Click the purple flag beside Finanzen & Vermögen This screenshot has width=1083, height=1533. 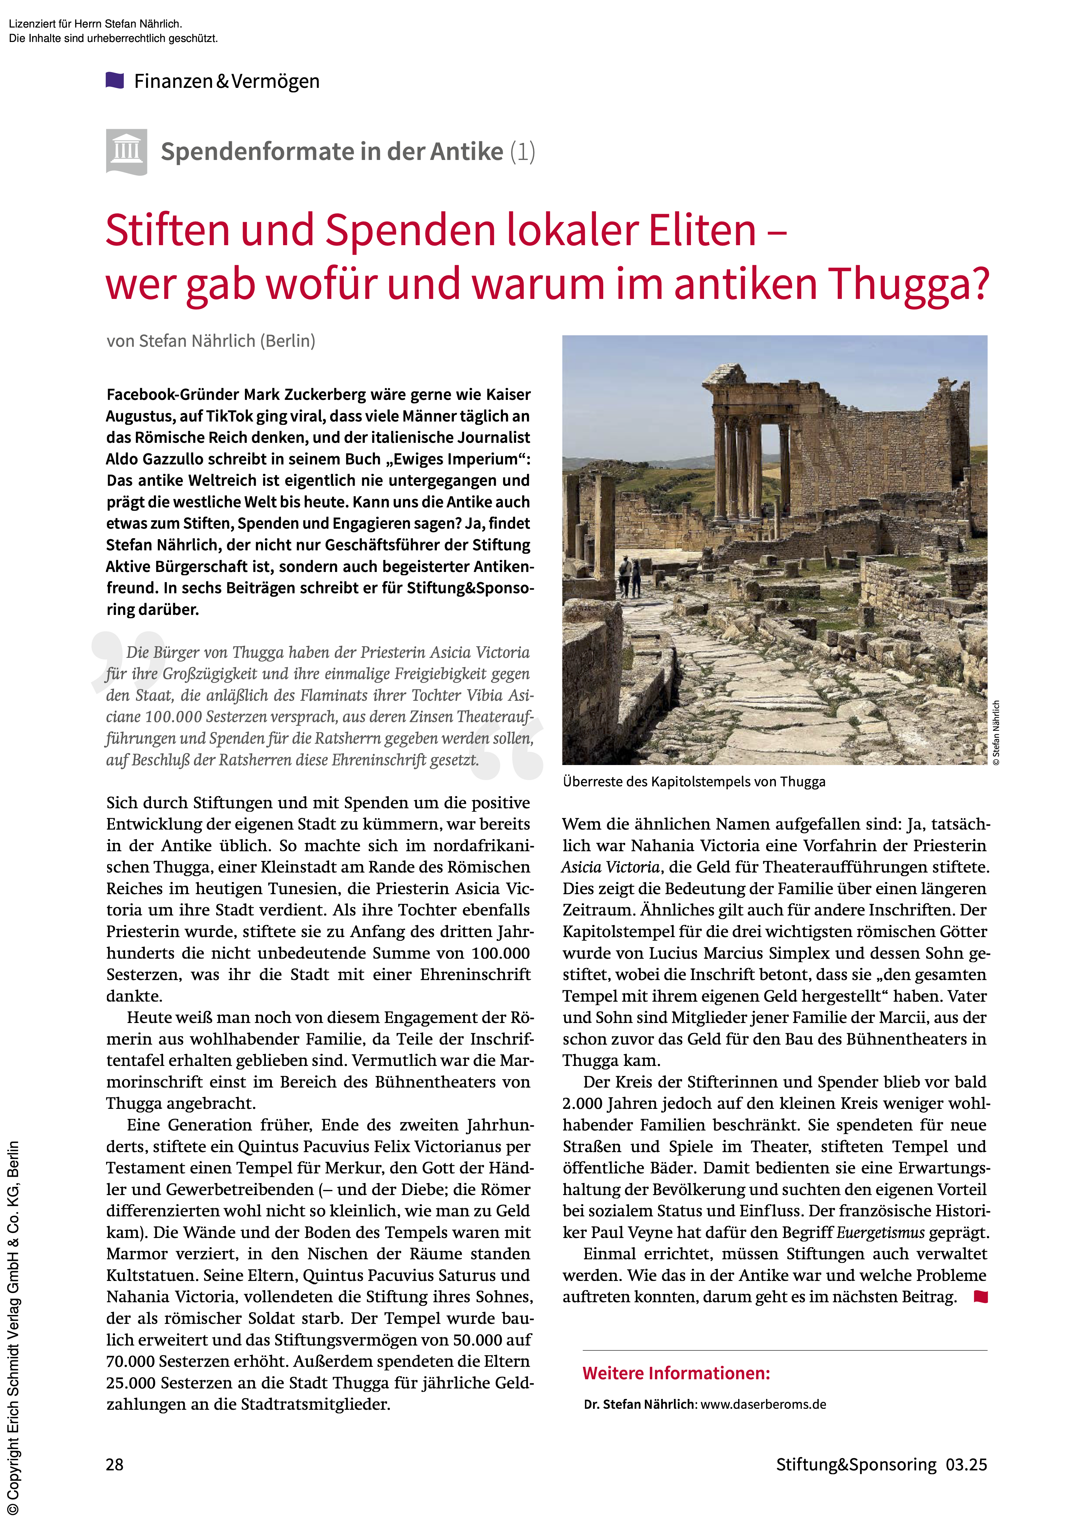[115, 81]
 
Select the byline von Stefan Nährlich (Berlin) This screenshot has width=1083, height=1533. [211, 341]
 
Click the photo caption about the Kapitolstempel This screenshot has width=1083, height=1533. [694, 782]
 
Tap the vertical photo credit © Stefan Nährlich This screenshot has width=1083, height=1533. [996, 733]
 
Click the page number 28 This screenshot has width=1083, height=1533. [115, 1464]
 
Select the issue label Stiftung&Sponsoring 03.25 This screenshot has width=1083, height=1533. [881, 1464]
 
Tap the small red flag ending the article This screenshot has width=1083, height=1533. [980, 1297]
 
